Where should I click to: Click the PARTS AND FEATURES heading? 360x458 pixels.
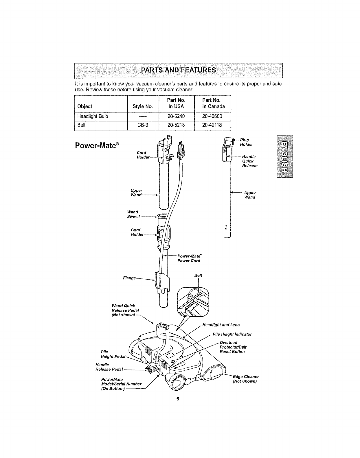(178, 70)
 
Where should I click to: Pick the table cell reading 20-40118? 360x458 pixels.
(212, 125)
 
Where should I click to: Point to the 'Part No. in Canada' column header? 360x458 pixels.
(213, 103)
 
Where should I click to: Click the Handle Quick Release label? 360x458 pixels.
(249, 161)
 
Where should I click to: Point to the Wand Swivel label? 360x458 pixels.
(133, 214)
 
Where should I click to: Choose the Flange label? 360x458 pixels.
(129, 278)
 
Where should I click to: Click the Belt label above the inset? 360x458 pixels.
(198, 276)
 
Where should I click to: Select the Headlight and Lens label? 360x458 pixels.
(221, 325)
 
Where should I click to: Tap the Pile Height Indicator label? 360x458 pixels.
(232, 334)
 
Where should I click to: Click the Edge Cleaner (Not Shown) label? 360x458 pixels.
(245, 379)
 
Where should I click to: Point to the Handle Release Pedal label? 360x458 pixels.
(109, 367)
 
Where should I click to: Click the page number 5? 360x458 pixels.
(178, 399)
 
